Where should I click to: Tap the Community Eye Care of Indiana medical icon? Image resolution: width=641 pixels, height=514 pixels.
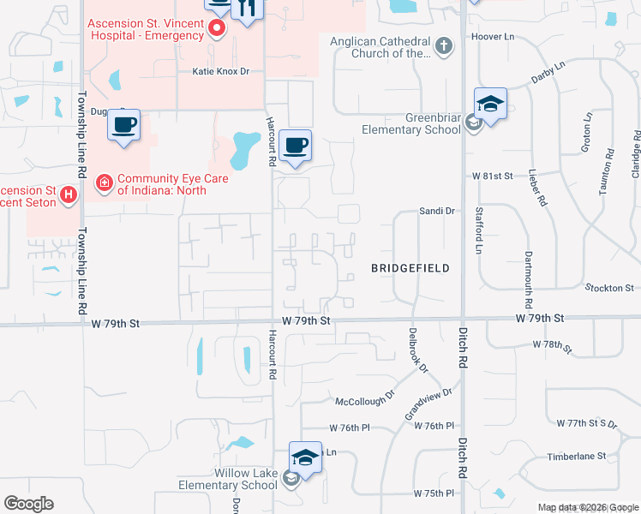pos(104,182)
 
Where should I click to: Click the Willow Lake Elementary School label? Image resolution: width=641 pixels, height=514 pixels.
pos(228,479)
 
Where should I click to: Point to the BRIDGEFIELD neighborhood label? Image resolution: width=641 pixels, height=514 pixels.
pos(410,268)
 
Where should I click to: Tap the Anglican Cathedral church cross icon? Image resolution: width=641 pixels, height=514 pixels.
pos(443,45)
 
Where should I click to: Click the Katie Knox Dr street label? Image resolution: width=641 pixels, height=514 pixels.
pos(220,71)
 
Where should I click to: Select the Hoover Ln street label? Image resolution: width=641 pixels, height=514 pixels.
pos(492,38)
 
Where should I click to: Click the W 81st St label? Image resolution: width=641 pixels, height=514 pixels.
pos(492,176)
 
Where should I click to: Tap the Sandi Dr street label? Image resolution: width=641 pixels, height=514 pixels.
pos(436,210)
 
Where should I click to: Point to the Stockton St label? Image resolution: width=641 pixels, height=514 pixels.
pos(610,288)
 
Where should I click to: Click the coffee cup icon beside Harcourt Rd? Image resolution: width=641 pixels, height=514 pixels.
pos(296,146)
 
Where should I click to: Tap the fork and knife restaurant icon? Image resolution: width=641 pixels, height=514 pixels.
pos(246,10)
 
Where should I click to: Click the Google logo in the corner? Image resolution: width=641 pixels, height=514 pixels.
pos(28,504)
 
